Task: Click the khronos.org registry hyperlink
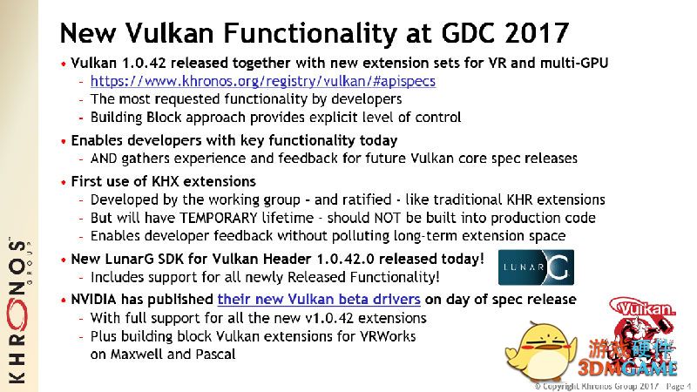263,81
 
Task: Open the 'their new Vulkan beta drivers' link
319,300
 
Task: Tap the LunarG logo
536,267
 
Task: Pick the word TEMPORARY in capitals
219,218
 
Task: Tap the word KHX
165,181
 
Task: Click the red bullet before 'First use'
64,182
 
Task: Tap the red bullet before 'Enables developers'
64,141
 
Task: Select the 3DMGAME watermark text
627,368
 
